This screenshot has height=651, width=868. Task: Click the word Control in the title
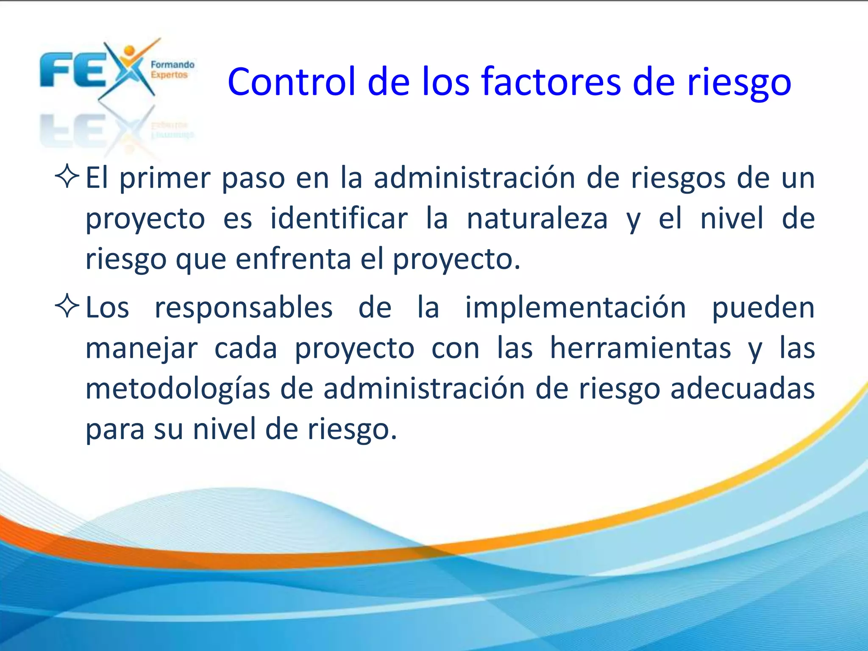click(292, 81)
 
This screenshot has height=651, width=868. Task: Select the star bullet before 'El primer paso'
click(67, 177)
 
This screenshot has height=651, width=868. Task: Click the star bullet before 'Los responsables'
click(67, 306)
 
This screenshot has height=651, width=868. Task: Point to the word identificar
click(339, 219)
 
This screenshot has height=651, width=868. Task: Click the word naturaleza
click(537, 219)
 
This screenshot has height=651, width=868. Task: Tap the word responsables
click(244, 307)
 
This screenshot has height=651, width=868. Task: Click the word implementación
click(576, 307)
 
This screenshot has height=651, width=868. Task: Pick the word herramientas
click(640, 348)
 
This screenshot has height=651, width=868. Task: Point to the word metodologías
click(178, 389)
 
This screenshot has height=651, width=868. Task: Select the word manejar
click(142, 349)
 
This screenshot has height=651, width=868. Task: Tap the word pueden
click(763, 308)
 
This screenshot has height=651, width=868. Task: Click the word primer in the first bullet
click(165, 178)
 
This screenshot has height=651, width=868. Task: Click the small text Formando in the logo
click(172, 65)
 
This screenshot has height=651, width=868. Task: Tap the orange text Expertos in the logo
click(169, 75)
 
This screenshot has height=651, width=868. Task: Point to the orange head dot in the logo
click(130, 50)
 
